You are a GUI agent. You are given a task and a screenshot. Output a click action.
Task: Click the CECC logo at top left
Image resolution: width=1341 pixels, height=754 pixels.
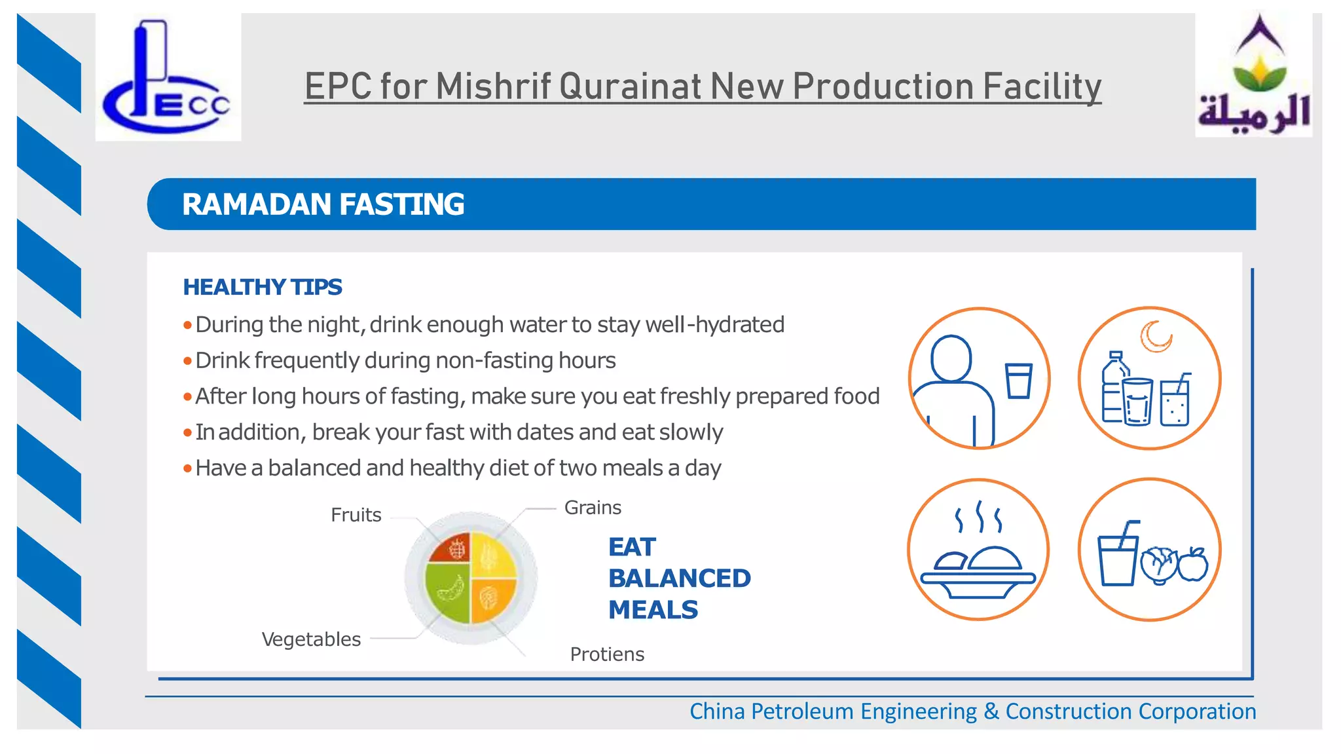[168, 77]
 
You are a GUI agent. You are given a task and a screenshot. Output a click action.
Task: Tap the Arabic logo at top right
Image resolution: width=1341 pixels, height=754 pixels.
[1253, 76]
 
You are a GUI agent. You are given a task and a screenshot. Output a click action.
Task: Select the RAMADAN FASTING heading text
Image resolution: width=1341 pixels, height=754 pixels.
[323, 204]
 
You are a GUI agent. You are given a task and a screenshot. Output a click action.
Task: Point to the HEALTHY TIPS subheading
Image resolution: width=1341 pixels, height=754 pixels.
[262, 287]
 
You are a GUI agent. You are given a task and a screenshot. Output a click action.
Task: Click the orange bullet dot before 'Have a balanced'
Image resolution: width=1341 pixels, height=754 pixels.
[187, 468]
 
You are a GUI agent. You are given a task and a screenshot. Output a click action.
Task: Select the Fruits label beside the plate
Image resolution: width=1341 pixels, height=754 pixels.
[356, 515]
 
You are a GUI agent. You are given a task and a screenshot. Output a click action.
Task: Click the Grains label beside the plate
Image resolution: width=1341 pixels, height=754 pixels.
[593, 508]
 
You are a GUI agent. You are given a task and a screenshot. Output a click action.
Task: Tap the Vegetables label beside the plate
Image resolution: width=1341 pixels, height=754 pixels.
[311, 639]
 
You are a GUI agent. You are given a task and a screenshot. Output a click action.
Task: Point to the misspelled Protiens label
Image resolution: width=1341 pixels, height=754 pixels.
[607, 654]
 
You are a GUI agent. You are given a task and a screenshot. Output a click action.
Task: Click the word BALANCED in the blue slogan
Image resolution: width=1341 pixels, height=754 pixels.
[679, 578]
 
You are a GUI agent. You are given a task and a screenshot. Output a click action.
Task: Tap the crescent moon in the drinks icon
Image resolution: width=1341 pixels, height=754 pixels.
[1156, 336]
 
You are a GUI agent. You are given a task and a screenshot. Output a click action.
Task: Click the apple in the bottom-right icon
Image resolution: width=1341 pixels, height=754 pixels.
[1193, 564]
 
